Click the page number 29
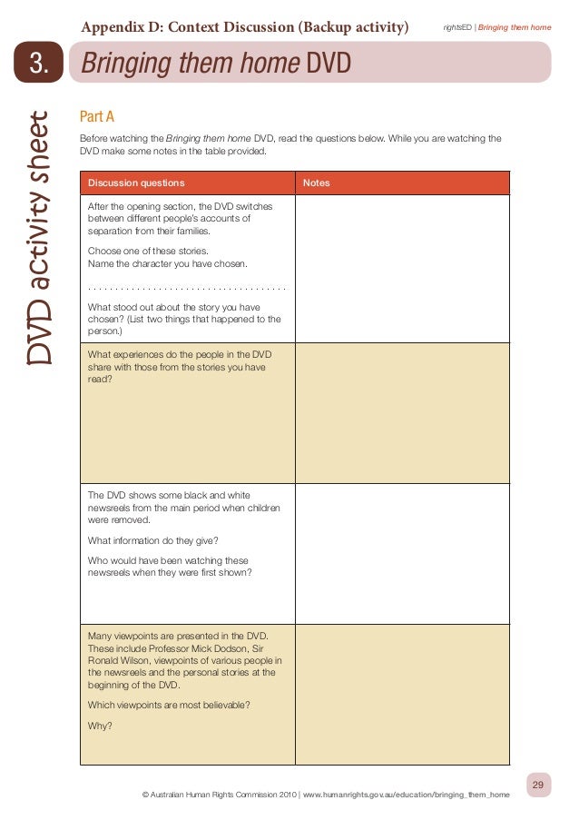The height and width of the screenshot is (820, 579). point(538,785)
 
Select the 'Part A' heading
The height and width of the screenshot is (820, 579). point(96,117)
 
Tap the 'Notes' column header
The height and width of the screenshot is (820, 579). point(317,183)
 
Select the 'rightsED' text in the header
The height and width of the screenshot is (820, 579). point(457,28)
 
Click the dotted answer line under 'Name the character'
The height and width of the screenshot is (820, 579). point(187,288)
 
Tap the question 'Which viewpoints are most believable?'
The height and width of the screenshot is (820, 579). point(169,705)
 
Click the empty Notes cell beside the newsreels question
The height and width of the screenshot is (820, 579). point(402,554)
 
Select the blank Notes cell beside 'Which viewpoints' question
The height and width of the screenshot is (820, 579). point(402,695)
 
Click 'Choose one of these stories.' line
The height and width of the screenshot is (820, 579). point(148,250)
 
